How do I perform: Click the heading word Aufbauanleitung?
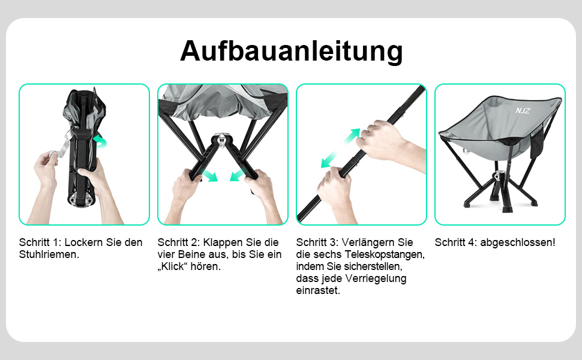pyautogui.click(x=292, y=51)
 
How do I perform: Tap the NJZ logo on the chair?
pyautogui.click(x=523, y=110)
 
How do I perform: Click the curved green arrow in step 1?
pyautogui.click(x=101, y=141)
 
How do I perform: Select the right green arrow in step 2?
pyautogui.click(x=238, y=175)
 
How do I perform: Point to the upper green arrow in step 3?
pyautogui.click(x=352, y=136)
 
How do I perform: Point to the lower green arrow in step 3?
pyautogui.click(x=329, y=160)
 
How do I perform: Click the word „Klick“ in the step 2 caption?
pyautogui.click(x=173, y=266)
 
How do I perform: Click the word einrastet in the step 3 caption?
pyautogui.click(x=317, y=290)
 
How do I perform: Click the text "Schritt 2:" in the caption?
pyautogui.click(x=179, y=242)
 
